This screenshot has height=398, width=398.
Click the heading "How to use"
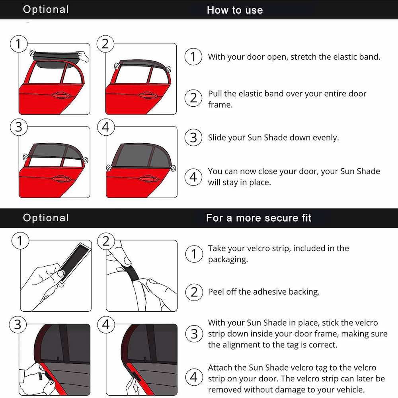pyautogui.click(x=235, y=10)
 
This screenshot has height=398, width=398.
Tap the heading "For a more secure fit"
pyautogui.click(x=259, y=218)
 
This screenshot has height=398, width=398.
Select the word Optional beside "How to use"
pyautogui.click(x=46, y=10)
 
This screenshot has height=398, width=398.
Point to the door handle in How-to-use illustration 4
pyautogui.click(x=147, y=179)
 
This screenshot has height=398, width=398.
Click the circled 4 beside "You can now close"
pyautogui.click(x=193, y=177)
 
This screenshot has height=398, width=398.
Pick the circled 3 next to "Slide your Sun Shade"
pyautogui.click(x=193, y=138)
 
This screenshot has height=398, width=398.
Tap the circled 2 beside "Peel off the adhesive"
pyautogui.click(x=194, y=292)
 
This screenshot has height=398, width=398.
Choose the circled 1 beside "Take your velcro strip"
pyautogui.click(x=194, y=254)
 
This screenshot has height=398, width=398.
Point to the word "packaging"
pyautogui.click(x=227, y=259)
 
